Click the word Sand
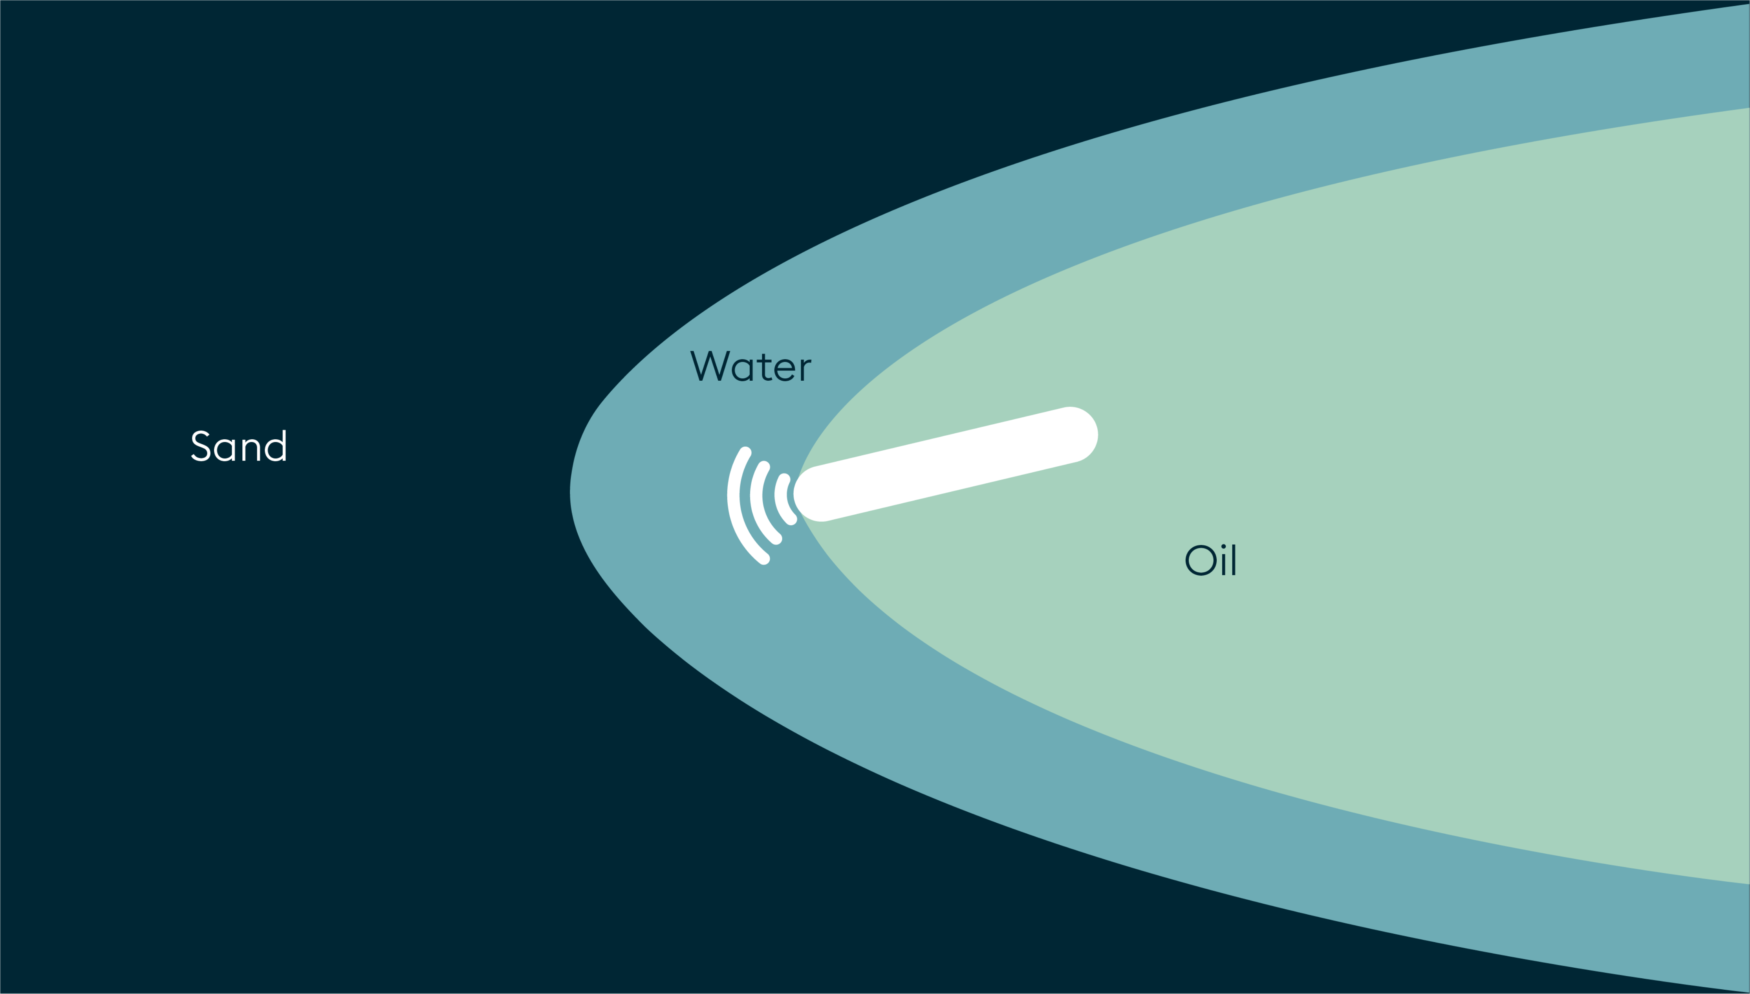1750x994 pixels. [x=239, y=446]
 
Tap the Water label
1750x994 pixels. [x=751, y=366]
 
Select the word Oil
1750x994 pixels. [x=1210, y=560]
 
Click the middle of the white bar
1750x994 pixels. [x=946, y=464]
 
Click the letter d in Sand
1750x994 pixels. [x=276, y=446]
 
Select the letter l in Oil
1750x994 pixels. [x=1234, y=560]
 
